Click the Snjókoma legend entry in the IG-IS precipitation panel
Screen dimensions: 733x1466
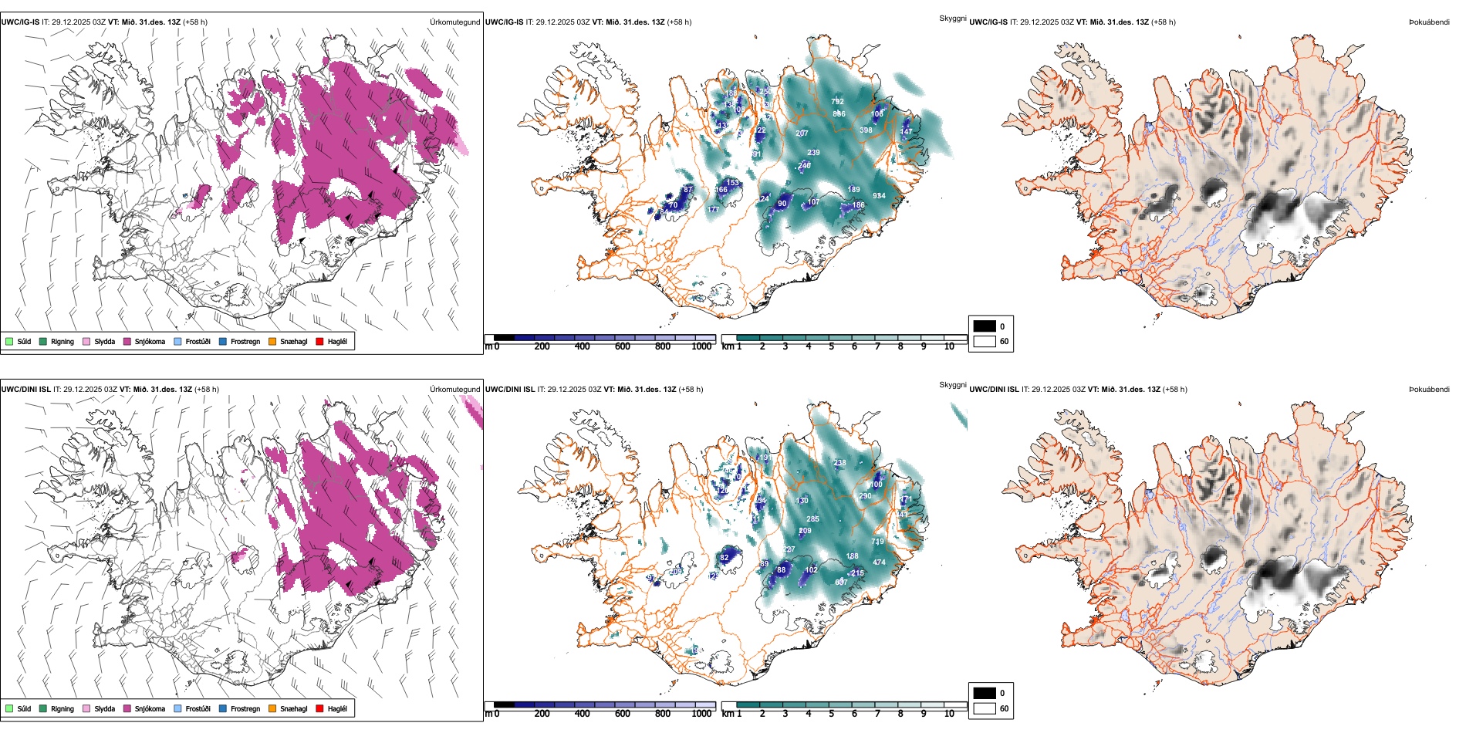149,342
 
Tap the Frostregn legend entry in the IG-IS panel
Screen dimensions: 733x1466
245,342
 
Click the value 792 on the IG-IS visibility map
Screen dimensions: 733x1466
837,102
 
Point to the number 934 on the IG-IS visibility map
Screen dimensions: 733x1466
879,196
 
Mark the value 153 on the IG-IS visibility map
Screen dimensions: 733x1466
732,183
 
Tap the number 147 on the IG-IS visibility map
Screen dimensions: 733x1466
906,132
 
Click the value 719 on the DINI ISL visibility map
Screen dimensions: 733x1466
877,542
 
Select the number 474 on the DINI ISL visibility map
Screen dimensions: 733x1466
879,562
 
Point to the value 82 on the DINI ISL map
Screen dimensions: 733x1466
724,558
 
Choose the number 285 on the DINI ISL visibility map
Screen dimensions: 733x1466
812,519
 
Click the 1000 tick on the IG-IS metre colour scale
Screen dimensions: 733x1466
701,346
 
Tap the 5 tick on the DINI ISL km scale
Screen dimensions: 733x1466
831,714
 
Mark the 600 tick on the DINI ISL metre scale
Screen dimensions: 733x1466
622,714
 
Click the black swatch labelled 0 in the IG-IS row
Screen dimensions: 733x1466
985,326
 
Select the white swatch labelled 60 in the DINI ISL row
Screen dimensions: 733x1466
985,708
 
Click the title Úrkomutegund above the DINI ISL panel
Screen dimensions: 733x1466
454,390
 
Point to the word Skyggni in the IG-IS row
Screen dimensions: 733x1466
952,18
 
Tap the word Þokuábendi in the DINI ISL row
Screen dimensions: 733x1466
1429,390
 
